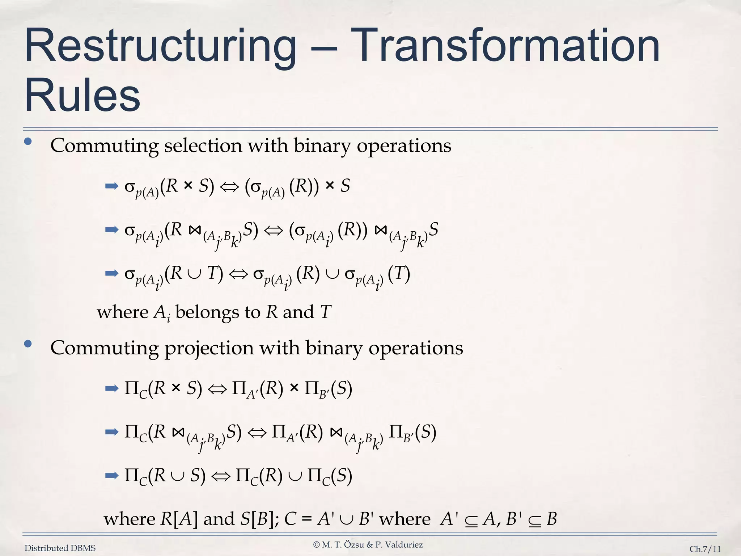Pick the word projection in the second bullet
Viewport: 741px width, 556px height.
tap(209, 348)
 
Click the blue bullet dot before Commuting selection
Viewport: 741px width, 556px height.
tap(28, 142)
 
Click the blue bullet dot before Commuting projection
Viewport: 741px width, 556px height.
tap(28, 344)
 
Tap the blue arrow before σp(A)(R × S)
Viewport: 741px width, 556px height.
tap(112, 186)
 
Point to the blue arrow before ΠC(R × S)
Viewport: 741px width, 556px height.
tap(112, 389)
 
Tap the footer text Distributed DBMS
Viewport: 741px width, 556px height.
tap(60, 548)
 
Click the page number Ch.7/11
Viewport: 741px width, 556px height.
tap(705, 549)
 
